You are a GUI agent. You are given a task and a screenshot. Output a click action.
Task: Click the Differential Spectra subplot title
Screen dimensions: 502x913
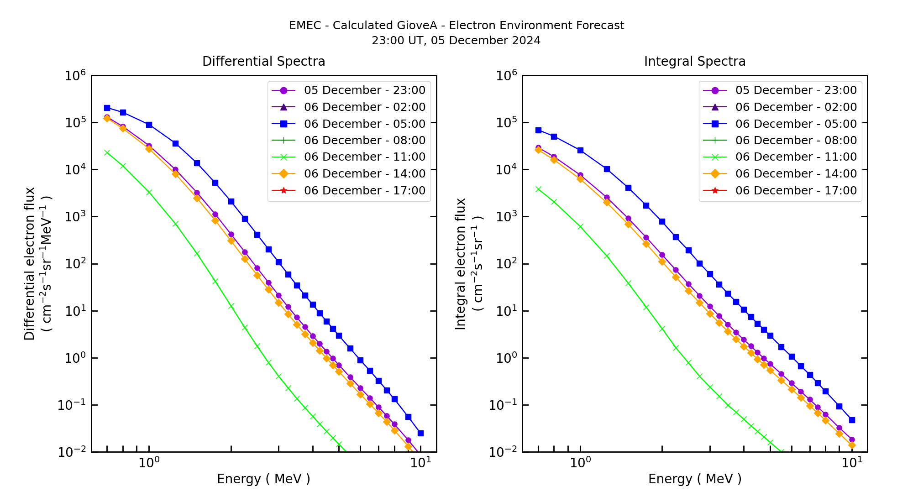263,61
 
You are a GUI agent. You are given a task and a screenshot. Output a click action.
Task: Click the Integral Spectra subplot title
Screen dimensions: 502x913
694,61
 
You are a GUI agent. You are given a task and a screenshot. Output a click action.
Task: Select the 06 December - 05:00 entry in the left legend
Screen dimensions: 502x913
364,124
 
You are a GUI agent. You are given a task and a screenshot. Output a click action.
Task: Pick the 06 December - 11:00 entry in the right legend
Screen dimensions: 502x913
796,157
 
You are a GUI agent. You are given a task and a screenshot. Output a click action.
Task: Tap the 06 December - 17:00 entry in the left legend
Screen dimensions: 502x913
364,190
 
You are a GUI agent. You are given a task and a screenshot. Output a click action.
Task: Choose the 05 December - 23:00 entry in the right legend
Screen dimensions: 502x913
796,90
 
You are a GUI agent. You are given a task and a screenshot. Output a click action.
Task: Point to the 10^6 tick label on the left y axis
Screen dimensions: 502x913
76,76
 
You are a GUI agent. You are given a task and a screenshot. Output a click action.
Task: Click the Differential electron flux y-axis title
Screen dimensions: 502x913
37,264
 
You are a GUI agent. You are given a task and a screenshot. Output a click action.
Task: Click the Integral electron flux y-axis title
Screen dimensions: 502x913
468,264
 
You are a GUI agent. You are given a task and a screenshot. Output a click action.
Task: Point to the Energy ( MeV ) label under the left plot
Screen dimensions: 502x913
263,479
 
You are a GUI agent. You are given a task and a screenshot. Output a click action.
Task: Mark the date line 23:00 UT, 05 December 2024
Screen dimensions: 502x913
456,41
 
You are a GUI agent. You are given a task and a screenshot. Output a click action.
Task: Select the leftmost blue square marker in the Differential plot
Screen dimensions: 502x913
107,108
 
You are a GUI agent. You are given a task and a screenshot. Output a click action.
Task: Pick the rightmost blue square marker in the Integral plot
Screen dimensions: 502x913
852,420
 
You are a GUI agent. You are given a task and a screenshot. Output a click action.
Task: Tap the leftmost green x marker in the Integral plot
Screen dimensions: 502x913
538,189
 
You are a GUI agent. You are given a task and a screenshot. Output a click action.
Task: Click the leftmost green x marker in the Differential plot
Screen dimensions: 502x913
107,152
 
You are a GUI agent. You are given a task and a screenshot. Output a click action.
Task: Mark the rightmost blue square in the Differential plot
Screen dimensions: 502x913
420,433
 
